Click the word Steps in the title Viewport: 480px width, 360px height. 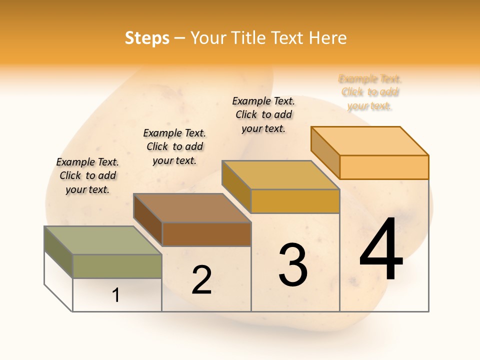pos(147,38)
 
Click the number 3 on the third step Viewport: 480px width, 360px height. pos(293,265)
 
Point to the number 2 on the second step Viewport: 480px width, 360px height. pos(201,280)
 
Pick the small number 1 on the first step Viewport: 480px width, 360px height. pos(116,295)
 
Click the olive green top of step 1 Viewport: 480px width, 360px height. pos(102,240)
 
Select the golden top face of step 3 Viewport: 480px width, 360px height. pos(280,175)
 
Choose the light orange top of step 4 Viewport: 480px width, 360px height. pos(369,141)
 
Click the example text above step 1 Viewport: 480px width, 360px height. pos(87,175)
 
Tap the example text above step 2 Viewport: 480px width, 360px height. pos(174,146)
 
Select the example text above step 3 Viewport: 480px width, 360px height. pos(263,114)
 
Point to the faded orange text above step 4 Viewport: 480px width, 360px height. pos(370,92)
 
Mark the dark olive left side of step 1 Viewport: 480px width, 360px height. pos(58,252)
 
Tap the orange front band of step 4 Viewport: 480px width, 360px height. pos(384,167)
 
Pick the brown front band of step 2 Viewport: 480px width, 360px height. pos(206,234)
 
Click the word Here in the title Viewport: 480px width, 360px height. pos(328,38)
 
